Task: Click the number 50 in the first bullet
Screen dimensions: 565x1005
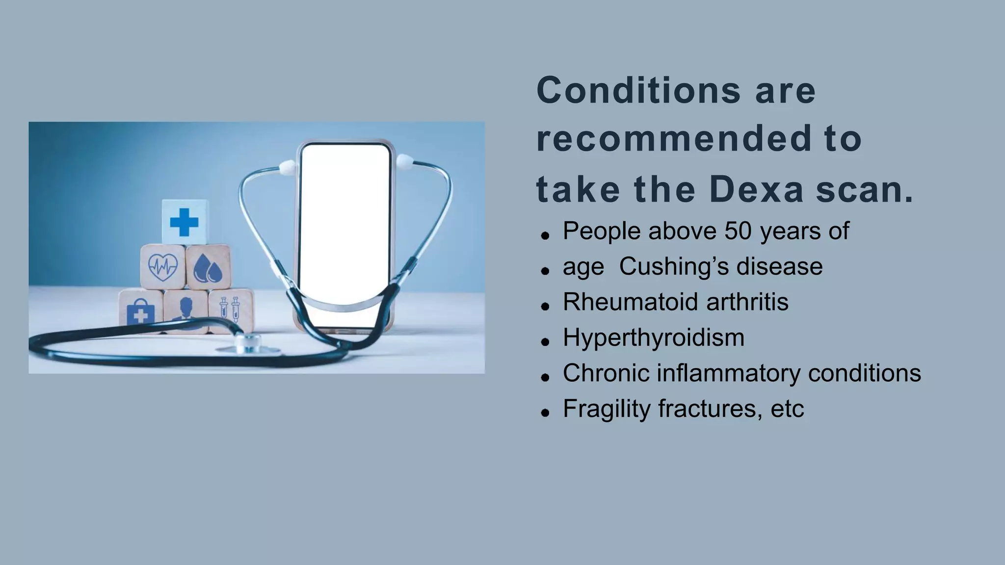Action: pyautogui.click(x=738, y=231)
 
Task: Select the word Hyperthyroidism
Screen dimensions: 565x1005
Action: pyautogui.click(x=653, y=337)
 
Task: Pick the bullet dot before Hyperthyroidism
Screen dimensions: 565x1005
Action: pyautogui.click(x=545, y=342)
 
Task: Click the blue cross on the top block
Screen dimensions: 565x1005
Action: pyautogui.click(x=184, y=222)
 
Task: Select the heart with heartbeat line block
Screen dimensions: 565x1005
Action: pyautogui.click(x=163, y=267)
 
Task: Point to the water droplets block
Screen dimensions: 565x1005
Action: pyautogui.click(x=208, y=268)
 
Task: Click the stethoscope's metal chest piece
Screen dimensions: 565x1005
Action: pyautogui.click(x=248, y=343)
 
